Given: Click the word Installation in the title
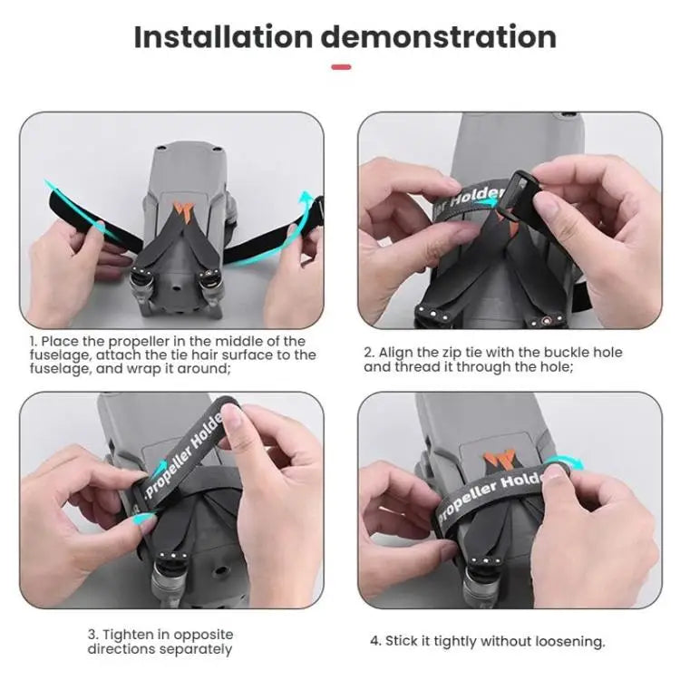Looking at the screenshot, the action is (x=223, y=37).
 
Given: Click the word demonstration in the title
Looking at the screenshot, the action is (x=439, y=37).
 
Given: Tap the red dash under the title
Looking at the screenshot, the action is (x=341, y=67).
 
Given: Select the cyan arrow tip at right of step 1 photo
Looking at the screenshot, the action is (x=307, y=193).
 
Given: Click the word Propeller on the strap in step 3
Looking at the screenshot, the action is (x=169, y=473).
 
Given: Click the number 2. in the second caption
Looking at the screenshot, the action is (x=370, y=352).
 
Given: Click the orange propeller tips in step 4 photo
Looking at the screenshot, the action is (x=499, y=461).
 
